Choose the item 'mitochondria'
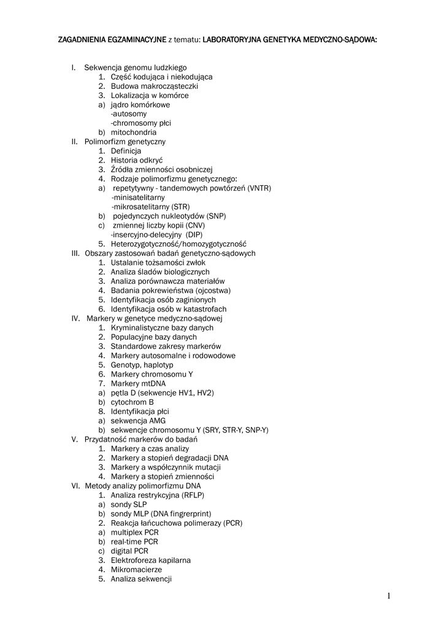tap(134, 132)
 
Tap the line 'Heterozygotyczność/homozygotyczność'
tap(178, 243)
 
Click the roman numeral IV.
tap(75, 318)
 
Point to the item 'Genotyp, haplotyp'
tap(142, 365)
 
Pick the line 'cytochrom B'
tap(132, 402)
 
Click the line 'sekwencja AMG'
tap(138, 421)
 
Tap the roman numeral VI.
tap(75, 486)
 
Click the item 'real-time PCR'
tap(134, 542)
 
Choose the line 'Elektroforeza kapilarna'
tap(151, 560)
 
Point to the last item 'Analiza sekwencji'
tap(141, 579)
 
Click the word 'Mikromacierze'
tap(137, 570)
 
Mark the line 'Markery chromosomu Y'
tap(151, 374)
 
